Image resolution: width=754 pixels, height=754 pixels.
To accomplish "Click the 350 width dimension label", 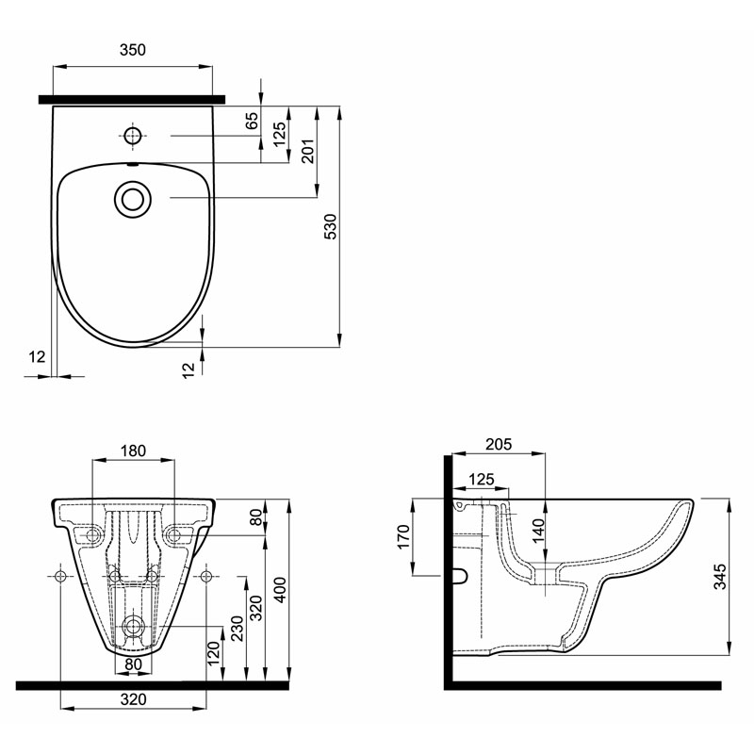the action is pos(132,50).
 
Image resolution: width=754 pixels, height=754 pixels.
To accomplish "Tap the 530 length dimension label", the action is pos(331,226).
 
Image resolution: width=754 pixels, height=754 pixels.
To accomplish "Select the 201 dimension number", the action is pos(308,151).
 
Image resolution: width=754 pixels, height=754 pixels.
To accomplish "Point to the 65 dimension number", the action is pos(252,121).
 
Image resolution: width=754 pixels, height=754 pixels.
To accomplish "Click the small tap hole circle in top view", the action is pos(132,136).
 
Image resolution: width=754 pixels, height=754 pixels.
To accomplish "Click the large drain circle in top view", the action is pos(133,199).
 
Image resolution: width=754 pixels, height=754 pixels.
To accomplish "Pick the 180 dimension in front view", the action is pos(133,451).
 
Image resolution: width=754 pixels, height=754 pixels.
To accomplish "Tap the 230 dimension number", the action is pos(238,628).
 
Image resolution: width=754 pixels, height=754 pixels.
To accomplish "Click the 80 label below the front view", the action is pos(133,664).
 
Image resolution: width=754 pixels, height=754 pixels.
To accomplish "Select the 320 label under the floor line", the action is pos(133,699).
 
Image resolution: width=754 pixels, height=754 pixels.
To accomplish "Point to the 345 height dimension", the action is pos(719,577).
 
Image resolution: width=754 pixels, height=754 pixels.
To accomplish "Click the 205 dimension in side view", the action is pos(499,444).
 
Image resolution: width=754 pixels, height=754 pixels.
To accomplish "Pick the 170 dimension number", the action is pos(403,536).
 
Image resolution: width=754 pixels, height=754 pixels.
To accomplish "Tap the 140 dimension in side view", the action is pos(538,531).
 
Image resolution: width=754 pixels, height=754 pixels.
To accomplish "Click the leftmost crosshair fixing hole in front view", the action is pos(60,576).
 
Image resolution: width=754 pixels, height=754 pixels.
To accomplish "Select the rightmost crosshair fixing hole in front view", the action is pos(206,576).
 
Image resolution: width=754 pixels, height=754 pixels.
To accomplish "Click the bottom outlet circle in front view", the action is pos(133,626).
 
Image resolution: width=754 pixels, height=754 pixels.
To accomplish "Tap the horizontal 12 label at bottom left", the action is pos(37,357).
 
